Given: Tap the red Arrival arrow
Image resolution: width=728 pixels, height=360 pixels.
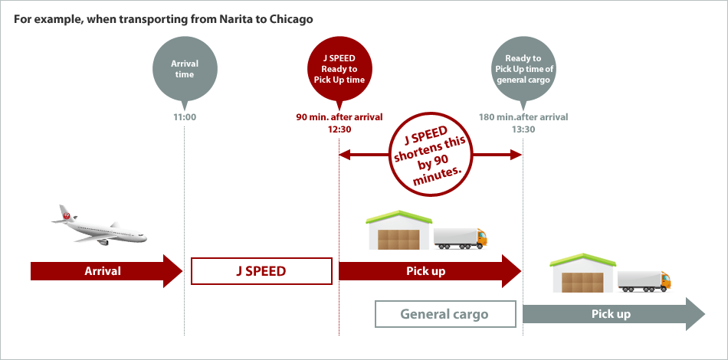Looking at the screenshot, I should pos(103,271).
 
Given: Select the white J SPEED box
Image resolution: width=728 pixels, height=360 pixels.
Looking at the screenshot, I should pos(261,271).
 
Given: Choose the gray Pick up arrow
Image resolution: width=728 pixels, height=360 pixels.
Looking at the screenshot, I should pos(612,315).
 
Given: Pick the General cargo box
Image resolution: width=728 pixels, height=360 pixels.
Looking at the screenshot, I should pos(445,315).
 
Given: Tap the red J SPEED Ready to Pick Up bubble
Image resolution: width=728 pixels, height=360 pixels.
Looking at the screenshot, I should pos(338,69).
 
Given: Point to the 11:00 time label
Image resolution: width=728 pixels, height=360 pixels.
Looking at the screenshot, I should pos(184,117).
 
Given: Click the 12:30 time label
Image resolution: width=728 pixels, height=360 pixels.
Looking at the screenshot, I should pos(338,129).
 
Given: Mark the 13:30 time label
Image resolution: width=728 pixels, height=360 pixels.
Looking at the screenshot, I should pos(523,129).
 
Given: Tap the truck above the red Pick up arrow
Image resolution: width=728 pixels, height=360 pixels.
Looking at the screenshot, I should pos(461,237).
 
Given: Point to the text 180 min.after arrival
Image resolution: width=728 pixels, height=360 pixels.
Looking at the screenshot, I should pos(523,117).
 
